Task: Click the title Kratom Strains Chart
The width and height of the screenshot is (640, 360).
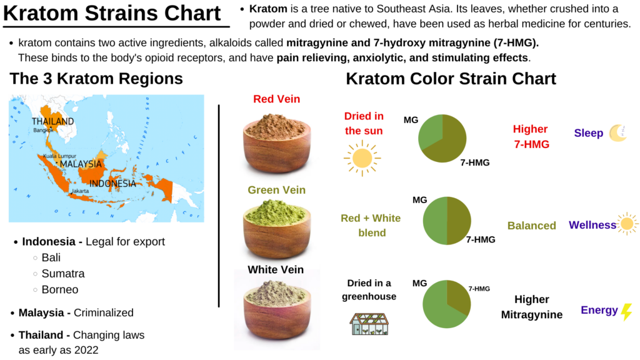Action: tap(112, 13)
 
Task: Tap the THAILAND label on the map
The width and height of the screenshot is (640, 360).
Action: tap(52, 121)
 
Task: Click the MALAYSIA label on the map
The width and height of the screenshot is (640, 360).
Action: tap(81, 164)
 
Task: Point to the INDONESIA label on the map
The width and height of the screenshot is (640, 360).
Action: tap(112, 184)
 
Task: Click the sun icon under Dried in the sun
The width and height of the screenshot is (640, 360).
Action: tap(362, 158)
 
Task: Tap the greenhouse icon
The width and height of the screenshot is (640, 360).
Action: tap(366, 323)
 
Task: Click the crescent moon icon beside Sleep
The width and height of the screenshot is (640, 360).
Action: tap(618, 133)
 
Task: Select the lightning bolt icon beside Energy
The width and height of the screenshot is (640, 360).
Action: tap(626, 312)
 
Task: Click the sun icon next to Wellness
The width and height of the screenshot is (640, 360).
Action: tap(627, 224)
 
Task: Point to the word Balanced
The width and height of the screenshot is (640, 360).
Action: tap(531, 226)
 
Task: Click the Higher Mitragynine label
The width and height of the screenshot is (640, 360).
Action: tap(531, 307)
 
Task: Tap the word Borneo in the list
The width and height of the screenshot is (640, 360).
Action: tap(60, 290)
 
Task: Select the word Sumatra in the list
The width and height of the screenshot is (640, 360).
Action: tap(63, 274)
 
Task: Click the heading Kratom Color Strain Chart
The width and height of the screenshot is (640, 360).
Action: tap(451, 79)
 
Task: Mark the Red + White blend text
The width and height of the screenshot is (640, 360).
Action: tap(371, 226)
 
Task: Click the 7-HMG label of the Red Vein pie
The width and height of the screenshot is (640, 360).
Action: tap(475, 162)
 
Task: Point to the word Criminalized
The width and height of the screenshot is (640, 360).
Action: tap(104, 312)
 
